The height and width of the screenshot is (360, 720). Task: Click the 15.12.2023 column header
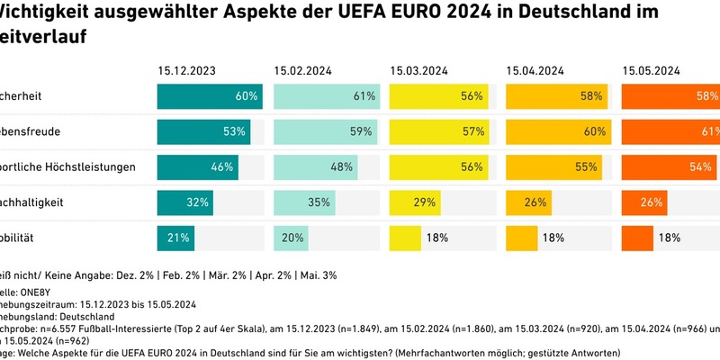(187, 70)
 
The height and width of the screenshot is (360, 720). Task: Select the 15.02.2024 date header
(303, 70)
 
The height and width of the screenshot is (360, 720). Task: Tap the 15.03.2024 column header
(418, 70)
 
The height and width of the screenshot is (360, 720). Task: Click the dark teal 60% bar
(209, 95)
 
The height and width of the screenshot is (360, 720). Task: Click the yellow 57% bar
(438, 131)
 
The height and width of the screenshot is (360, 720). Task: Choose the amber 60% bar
(557, 131)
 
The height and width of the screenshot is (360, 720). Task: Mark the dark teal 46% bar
(197, 166)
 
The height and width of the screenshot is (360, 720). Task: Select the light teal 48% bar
(315, 166)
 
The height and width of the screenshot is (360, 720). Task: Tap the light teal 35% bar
(304, 202)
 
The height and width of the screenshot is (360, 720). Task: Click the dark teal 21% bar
(175, 238)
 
